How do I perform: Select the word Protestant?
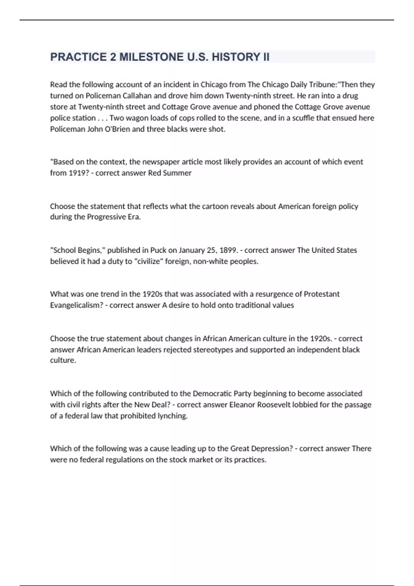322,294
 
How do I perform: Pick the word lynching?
172,416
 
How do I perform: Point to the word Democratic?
212,394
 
